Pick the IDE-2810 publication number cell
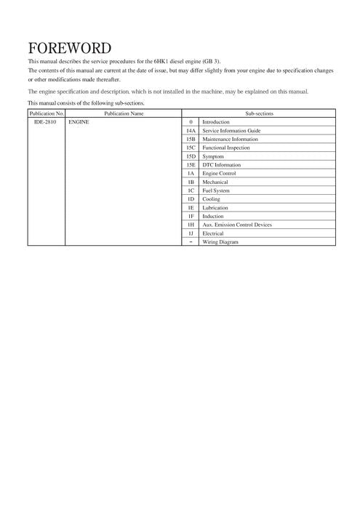[x=44, y=122]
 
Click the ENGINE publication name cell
[x=79, y=122]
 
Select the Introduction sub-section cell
[x=216, y=122]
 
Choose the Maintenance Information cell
[x=230, y=139]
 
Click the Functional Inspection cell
[x=226, y=148]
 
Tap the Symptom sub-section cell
[x=213, y=156]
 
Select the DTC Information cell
[x=222, y=165]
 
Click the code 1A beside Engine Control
[x=191, y=174]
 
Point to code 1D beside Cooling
[x=191, y=199]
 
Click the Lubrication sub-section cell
[x=215, y=207]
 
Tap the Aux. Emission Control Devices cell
[x=237, y=225]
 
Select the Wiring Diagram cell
[x=220, y=241]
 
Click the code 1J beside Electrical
[x=191, y=233]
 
